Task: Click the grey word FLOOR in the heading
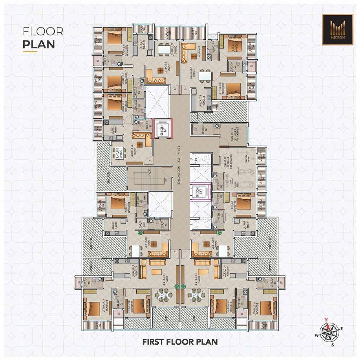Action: [43, 31]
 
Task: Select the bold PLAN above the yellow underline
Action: [38, 43]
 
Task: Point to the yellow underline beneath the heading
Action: [30, 51]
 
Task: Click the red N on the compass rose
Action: [326, 320]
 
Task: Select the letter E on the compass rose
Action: [341, 329]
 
